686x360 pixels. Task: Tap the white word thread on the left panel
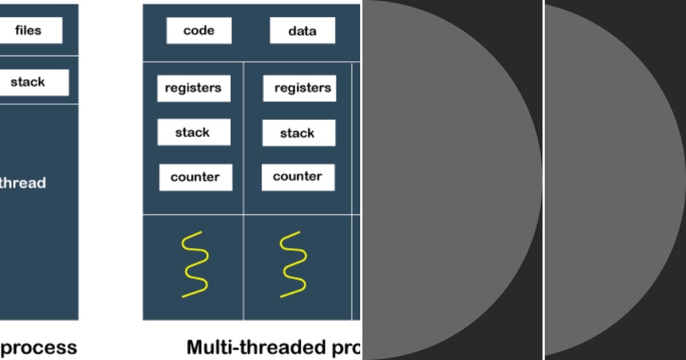[x=22, y=183]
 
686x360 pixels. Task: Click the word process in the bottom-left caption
[x=38, y=347]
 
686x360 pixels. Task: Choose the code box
[x=199, y=31]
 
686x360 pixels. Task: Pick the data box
[x=302, y=31]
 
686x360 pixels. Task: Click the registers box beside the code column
[x=193, y=89]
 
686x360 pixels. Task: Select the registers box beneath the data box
[x=300, y=89]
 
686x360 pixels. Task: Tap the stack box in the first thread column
[x=194, y=133]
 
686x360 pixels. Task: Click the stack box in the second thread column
[x=298, y=133]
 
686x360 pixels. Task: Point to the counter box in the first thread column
[x=196, y=177]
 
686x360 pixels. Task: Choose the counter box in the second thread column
[x=298, y=177]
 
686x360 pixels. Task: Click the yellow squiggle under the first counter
[x=194, y=264]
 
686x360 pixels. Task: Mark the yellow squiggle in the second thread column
[x=293, y=264]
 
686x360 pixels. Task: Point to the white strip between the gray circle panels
[x=543, y=180]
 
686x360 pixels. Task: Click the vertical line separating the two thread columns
[x=244, y=189]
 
